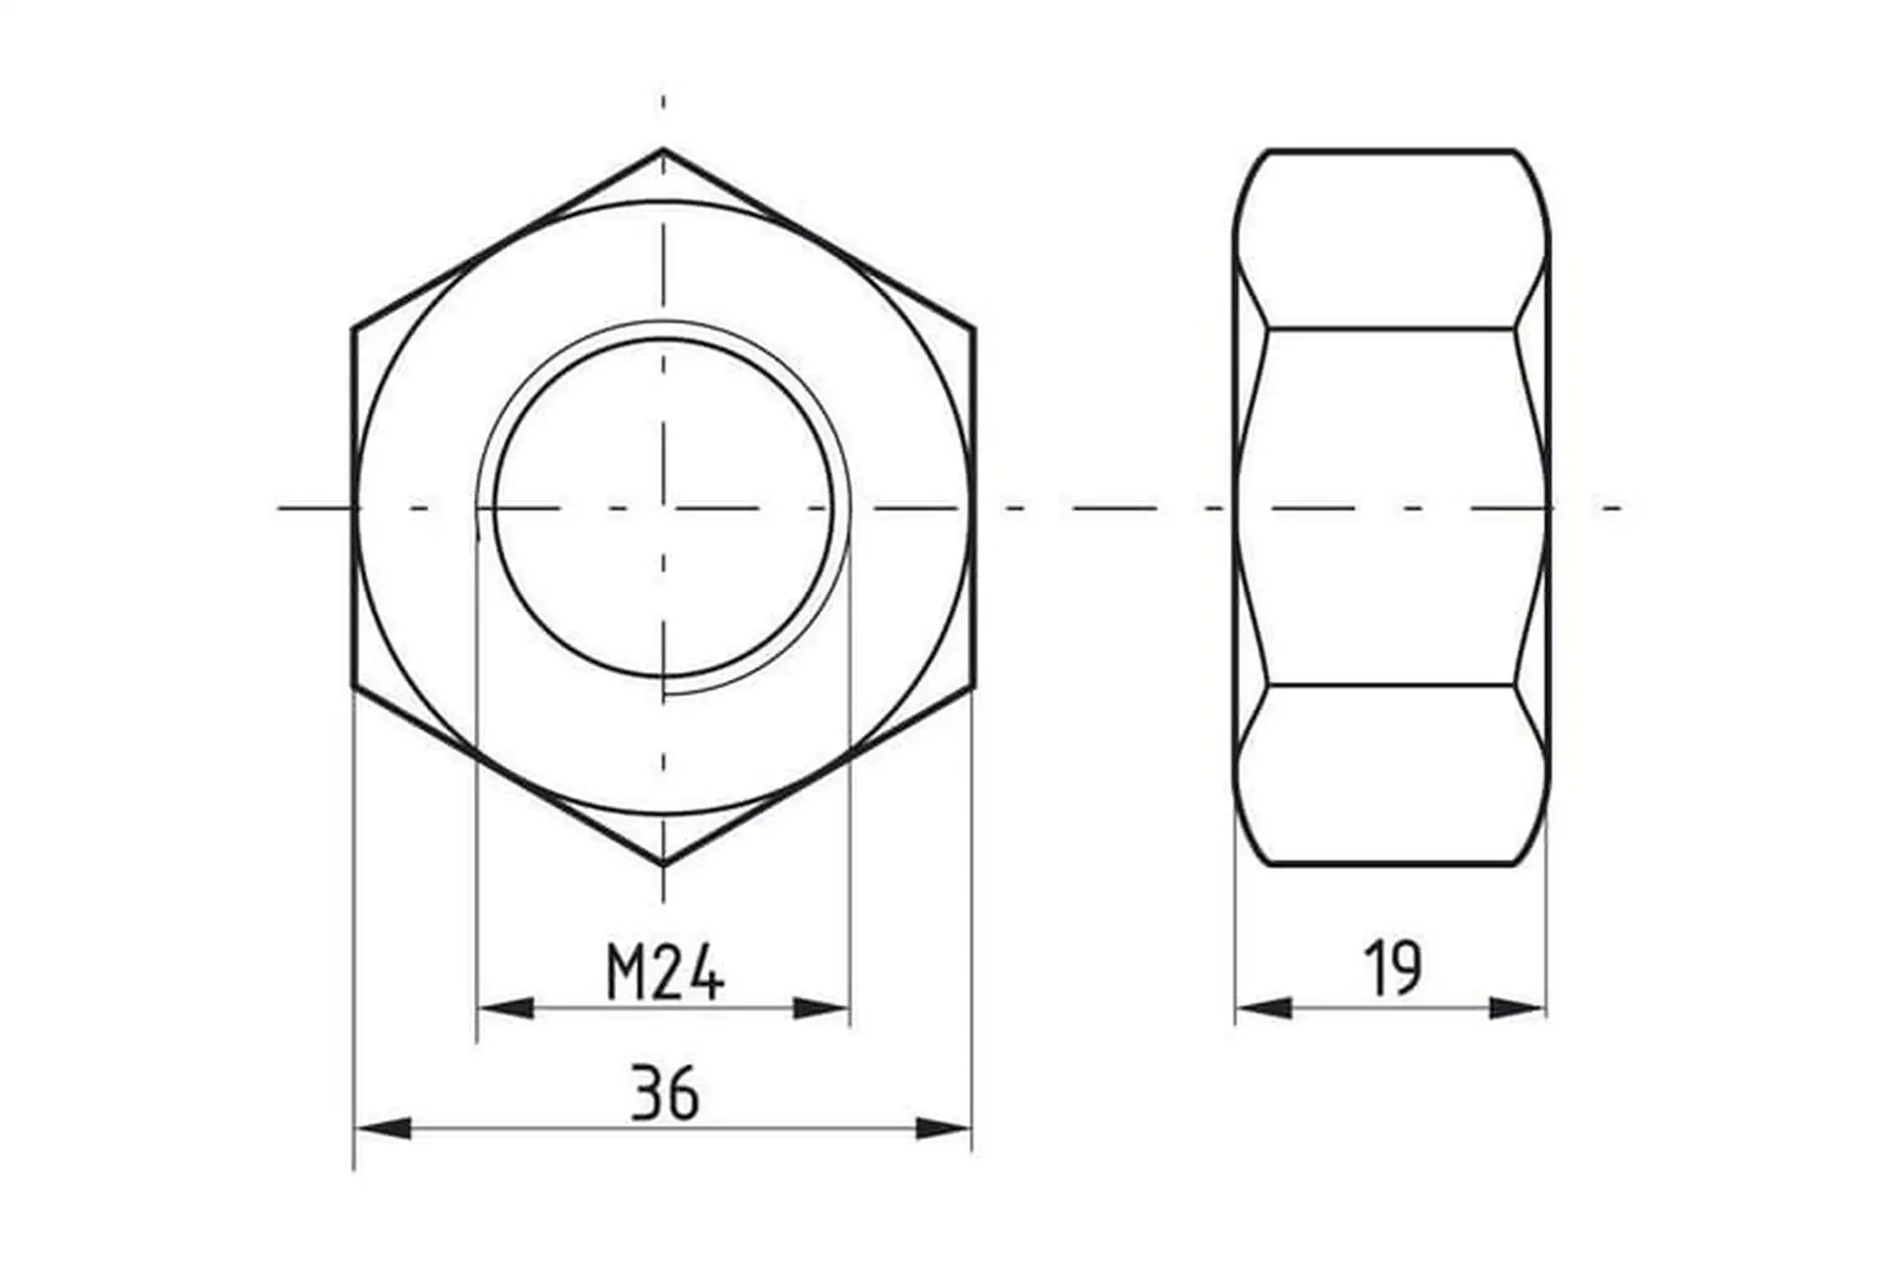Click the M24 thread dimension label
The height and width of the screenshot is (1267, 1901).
(x=665, y=971)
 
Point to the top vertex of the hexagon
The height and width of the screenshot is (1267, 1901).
(x=663, y=149)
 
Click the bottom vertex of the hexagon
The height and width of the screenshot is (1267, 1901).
(x=663, y=864)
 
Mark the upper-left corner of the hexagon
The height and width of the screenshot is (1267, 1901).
(x=353, y=328)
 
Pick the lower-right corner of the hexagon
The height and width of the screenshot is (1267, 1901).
(x=974, y=685)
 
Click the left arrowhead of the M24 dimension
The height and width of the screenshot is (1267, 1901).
(x=505, y=1009)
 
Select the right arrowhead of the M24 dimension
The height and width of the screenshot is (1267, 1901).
(x=822, y=1009)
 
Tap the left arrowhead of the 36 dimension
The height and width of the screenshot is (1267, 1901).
(x=383, y=1127)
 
